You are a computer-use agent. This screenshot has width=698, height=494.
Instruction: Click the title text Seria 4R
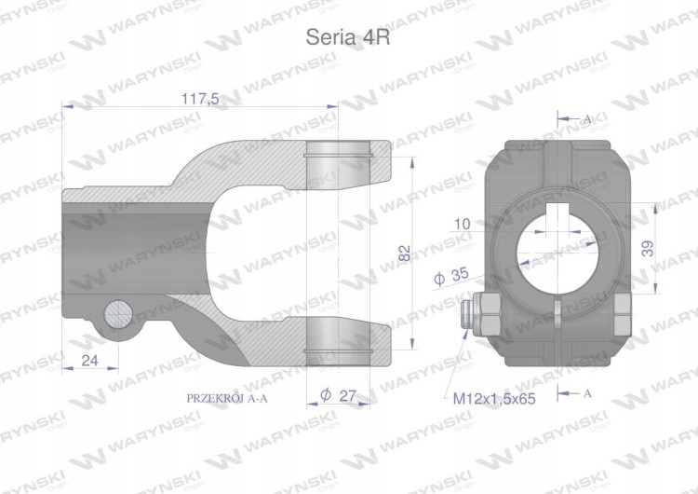tap(348, 37)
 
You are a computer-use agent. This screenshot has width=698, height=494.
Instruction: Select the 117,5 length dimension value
tap(200, 99)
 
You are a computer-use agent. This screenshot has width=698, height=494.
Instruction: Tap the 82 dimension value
tap(405, 253)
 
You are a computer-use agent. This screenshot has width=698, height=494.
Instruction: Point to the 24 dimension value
tap(90, 360)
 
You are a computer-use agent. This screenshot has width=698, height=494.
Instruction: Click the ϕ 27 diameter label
tap(339, 395)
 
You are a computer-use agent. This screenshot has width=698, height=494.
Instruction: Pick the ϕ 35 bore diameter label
tap(451, 276)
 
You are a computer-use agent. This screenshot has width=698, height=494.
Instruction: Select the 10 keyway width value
tap(463, 224)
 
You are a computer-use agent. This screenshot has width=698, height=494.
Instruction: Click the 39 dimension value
tap(649, 248)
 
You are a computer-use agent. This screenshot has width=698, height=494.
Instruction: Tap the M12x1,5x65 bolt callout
tap(494, 398)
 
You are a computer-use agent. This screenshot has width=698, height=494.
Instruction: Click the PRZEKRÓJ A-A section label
tap(227, 398)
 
